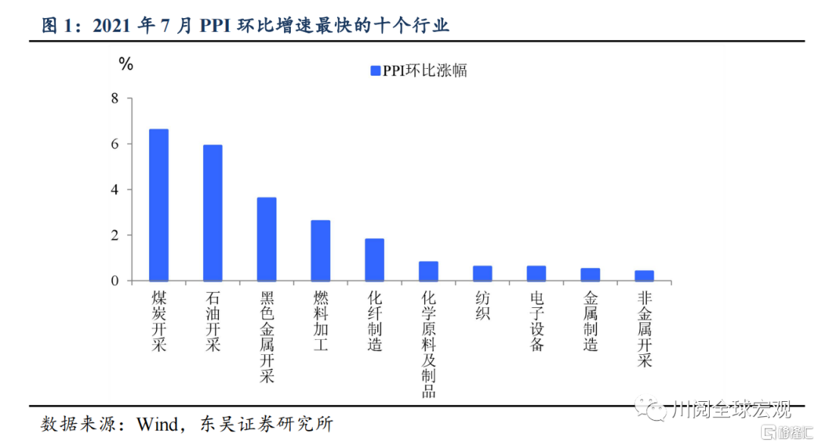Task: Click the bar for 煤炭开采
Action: [158, 205]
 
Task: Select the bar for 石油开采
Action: [212, 213]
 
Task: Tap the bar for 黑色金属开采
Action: [267, 239]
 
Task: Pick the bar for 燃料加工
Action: [320, 251]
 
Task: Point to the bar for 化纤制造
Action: [374, 260]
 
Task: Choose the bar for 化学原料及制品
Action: [428, 271]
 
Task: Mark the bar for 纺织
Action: [482, 273]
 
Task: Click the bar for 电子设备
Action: [536, 273]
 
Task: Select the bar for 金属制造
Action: [590, 275]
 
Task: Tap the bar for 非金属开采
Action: [644, 275]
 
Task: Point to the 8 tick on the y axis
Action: [115, 98]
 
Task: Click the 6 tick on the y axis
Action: [115, 144]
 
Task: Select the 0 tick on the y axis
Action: [115, 281]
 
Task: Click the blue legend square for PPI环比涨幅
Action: [374, 71]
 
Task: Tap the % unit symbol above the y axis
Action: [126, 64]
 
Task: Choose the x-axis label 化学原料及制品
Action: [428, 345]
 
